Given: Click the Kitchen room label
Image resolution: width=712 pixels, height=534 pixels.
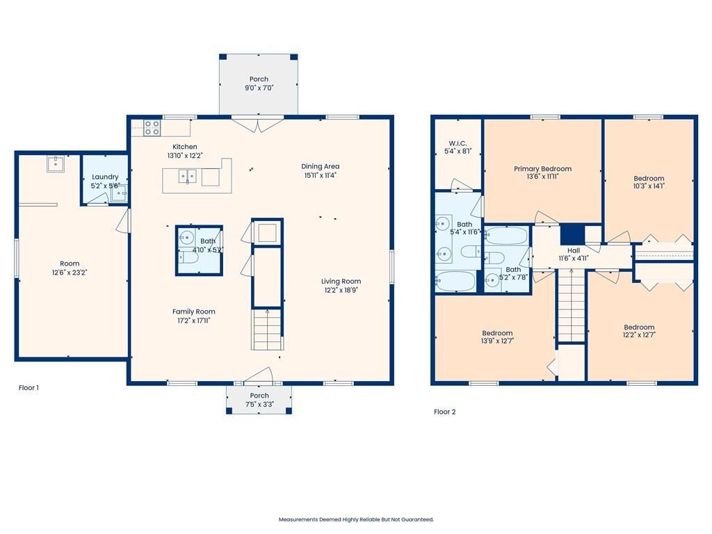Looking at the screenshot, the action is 185,147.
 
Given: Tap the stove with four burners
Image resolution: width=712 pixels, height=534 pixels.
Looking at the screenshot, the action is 152,128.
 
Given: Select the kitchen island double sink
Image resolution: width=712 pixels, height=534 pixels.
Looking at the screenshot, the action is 187,176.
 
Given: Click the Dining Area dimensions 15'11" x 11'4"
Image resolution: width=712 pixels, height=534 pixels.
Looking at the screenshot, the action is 320,175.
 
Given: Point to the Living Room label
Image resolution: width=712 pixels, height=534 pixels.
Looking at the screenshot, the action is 341,281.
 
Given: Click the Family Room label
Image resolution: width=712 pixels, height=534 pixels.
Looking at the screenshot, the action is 193,311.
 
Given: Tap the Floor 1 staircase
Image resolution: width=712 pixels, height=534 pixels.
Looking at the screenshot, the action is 268,330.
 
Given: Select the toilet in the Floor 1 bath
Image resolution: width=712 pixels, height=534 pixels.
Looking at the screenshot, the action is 189,258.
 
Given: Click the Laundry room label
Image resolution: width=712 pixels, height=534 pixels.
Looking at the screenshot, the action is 105,177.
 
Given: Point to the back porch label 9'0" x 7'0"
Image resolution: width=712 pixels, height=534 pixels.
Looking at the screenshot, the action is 259,88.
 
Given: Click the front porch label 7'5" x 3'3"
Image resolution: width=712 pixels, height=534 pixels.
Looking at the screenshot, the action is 259,404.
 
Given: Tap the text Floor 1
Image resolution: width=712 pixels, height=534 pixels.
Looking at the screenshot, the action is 29,388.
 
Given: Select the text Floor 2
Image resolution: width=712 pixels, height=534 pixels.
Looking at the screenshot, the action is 444,412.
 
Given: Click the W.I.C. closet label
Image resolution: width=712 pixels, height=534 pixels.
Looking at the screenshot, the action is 458,143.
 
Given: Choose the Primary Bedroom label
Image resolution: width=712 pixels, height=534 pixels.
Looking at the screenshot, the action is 542,168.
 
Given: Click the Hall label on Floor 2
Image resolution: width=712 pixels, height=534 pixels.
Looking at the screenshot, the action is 574,250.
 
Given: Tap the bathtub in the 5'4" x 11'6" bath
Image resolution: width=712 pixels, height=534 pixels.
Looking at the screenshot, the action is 455,281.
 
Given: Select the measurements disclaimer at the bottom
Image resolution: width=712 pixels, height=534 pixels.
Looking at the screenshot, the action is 356,519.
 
